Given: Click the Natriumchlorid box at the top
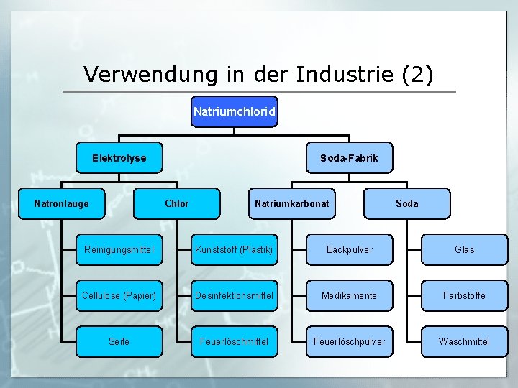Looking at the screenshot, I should [x=234, y=112].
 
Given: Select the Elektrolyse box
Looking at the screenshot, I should [x=119, y=158].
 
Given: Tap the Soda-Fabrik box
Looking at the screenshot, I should [x=349, y=158].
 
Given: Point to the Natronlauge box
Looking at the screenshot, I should [x=62, y=203].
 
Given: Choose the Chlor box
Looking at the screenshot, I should [x=177, y=203].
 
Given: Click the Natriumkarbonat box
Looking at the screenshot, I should [x=292, y=203].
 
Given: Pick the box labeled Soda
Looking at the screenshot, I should [x=407, y=203].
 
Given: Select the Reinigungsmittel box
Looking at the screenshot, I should [x=119, y=249].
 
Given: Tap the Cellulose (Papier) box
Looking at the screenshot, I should [x=119, y=295].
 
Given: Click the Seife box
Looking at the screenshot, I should [x=119, y=341].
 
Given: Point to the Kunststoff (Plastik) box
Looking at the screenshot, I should [x=234, y=249].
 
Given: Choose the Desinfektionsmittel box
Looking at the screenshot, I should [x=234, y=295].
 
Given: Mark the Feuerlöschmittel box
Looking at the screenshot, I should [x=234, y=341].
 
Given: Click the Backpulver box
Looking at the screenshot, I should [x=350, y=249].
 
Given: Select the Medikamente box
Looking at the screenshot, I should [x=350, y=295].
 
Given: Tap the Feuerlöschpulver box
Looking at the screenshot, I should [x=350, y=341].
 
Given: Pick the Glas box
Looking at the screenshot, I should [x=465, y=249].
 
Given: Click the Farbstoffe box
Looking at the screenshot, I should [x=465, y=295].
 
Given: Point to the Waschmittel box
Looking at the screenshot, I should [x=465, y=341].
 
